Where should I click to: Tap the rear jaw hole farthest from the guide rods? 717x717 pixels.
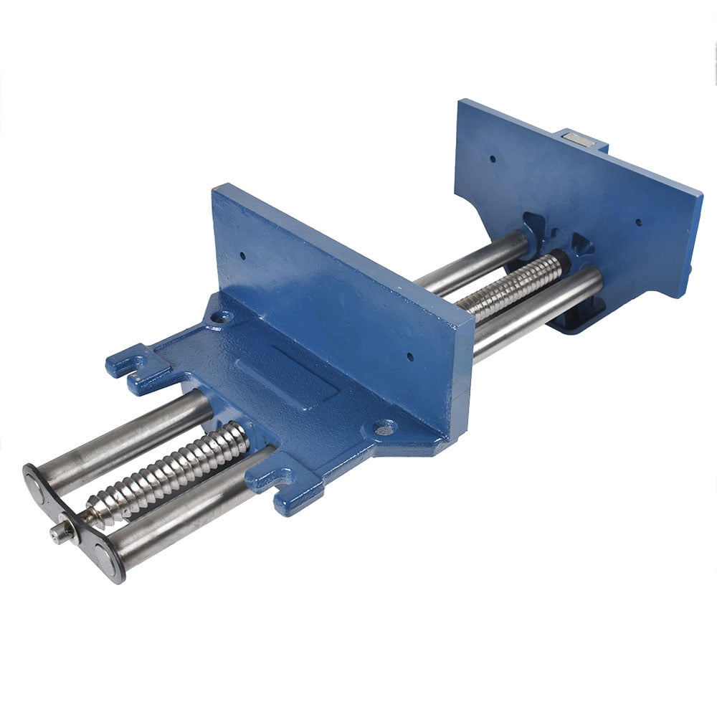(x=639, y=222)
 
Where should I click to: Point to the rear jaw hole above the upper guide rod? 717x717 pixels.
(x=493, y=159)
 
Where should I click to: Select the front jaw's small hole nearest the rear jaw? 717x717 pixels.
(x=410, y=356)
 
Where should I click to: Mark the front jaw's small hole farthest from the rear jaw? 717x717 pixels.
(x=242, y=255)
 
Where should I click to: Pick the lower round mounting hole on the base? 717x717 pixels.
(x=384, y=428)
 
